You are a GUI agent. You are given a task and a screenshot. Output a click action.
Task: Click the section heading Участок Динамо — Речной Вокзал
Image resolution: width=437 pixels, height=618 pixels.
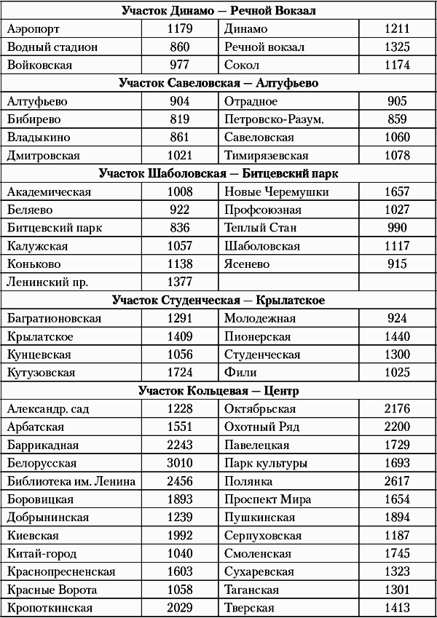tap(218, 11)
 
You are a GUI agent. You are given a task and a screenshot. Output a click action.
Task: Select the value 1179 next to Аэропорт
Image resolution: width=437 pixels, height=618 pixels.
tap(179, 29)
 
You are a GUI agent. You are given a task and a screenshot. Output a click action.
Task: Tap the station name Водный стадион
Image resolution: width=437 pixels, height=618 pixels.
tap(52, 47)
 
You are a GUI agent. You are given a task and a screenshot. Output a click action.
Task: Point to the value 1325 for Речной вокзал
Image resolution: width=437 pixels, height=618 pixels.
tap(397, 47)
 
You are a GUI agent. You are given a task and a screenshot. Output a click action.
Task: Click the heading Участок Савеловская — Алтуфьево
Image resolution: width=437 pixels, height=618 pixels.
tap(218, 83)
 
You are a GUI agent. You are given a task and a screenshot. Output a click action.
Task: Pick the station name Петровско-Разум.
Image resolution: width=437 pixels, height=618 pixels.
tap(274, 119)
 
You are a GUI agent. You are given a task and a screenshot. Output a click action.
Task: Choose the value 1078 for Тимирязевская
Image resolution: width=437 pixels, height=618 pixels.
tap(397, 155)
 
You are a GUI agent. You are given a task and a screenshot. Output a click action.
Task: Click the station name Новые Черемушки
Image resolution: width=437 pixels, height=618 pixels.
tap(276, 192)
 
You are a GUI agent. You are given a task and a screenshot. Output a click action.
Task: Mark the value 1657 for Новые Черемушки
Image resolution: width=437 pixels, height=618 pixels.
tap(397, 192)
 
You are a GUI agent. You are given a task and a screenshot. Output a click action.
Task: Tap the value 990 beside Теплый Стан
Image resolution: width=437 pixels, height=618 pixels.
tap(397, 228)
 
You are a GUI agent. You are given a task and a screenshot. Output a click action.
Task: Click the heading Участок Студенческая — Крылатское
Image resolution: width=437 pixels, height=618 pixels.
tap(218, 300)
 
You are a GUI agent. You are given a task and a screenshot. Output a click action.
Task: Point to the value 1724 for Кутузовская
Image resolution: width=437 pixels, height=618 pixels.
tap(179, 373)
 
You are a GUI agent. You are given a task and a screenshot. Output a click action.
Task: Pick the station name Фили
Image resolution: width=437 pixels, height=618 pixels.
tap(240, 373)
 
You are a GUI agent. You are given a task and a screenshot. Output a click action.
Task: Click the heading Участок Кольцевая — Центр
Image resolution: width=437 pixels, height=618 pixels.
tap(218, 391)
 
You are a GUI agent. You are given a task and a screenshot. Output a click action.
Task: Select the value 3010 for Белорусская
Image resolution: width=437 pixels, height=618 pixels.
tap(179, 463)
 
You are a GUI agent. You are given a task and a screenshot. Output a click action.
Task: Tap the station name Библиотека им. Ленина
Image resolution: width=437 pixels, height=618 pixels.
tap(71, 481)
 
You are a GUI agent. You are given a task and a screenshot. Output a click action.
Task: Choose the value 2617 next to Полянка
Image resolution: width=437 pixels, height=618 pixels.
tap(397, 481)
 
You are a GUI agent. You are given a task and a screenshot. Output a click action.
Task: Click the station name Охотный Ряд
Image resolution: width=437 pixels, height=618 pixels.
tap(261, 427)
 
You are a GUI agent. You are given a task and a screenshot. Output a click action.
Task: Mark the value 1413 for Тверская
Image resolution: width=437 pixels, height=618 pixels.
tap(397, 608)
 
